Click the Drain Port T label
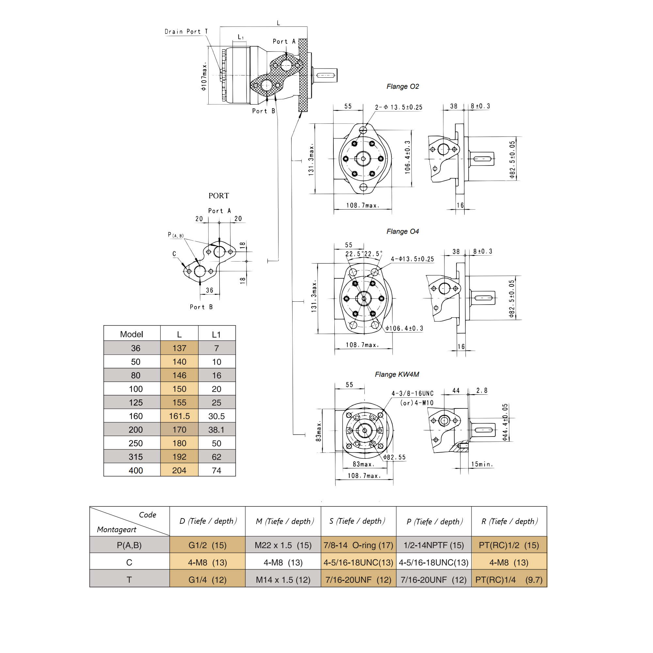(186, 31)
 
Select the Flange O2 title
(403, 87)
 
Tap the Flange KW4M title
(397, 374)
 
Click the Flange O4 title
(403, 231)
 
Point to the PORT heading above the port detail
(218, 196)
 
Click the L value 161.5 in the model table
(179, 416)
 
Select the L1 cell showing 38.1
(216, 430)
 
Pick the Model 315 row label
(135, 457)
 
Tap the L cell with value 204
(179, 470)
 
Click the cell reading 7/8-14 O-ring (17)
(358, 545)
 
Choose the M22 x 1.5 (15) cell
(283, 545)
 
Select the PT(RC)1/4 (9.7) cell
(509, 580)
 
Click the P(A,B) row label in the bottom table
(129, 545)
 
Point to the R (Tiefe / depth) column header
(509, 521)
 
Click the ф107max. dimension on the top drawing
(204, 76)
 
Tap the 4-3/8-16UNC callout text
(412, 393)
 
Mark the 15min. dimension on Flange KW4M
(482, 464)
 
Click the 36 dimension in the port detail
(210, 290)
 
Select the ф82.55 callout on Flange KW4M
(395, 457)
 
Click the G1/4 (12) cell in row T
(207, 580)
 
